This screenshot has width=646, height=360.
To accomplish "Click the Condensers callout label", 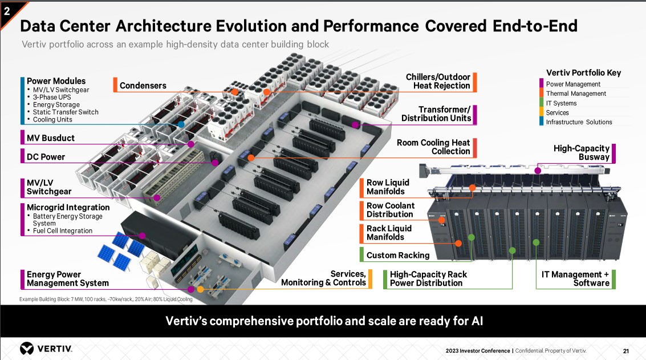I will (x=143, y=86).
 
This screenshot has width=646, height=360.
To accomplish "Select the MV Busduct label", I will (x=50, y=138).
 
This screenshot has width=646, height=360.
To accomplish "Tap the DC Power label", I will (x=46, y=157).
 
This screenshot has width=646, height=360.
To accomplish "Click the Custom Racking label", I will (x=397, y=255).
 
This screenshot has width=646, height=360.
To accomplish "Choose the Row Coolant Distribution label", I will (x=390, y=210).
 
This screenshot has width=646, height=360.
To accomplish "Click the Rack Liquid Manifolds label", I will (x=389, y=233).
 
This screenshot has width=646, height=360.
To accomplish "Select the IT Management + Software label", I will (x=575, y=278).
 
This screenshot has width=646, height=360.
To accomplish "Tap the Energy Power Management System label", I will (x=67, y=278).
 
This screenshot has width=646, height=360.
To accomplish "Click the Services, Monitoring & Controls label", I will (x=323, y=278).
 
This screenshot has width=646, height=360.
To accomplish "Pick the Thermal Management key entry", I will (x=576, y=94).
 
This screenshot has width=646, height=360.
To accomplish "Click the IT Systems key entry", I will (x=561, y=103).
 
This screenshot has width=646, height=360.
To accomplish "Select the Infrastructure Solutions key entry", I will (x=579, y=122).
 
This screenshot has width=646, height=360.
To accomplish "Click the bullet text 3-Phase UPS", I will (x=52, y=97).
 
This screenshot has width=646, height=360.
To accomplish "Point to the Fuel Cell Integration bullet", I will (x=62, y=231).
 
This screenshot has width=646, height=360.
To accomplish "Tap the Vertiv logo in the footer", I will (x=46, y=349).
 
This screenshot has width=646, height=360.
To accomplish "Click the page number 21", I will (x=625, y=350).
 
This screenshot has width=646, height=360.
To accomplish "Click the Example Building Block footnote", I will (x=105, y=300).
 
